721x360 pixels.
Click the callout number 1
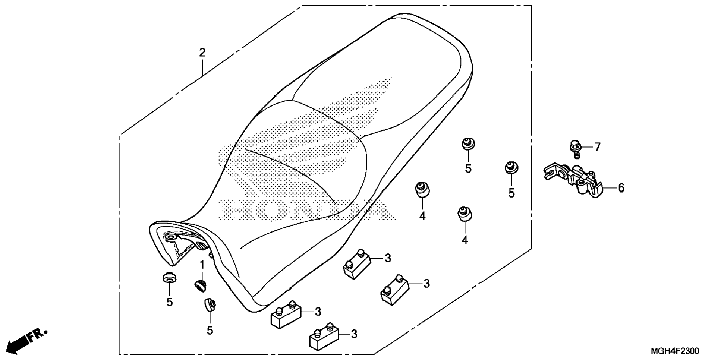pyautogui.click(x=202, y=265)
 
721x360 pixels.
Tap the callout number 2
pyautogui.click(x=202, y=53)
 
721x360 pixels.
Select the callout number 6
pyautogui.click(x=621, y=188)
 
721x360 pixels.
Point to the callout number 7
pyautogui.click(x=597, y=147)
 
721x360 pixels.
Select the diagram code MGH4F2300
pyautogui.click(x=675, y=351)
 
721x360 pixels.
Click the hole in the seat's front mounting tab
pyautogui.click(x=172, y=237)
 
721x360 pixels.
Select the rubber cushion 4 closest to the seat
pyautogui.click(x=422, y=189)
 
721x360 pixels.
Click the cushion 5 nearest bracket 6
pyautogui.click(x=511, y=168)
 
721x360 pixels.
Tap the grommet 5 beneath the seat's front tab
pyautogui.click(x=169, y=278)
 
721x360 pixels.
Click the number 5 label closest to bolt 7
pyautogui.click(x=511, y=193)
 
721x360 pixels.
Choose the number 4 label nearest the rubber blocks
pyautogui.click(x=422, y=216)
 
